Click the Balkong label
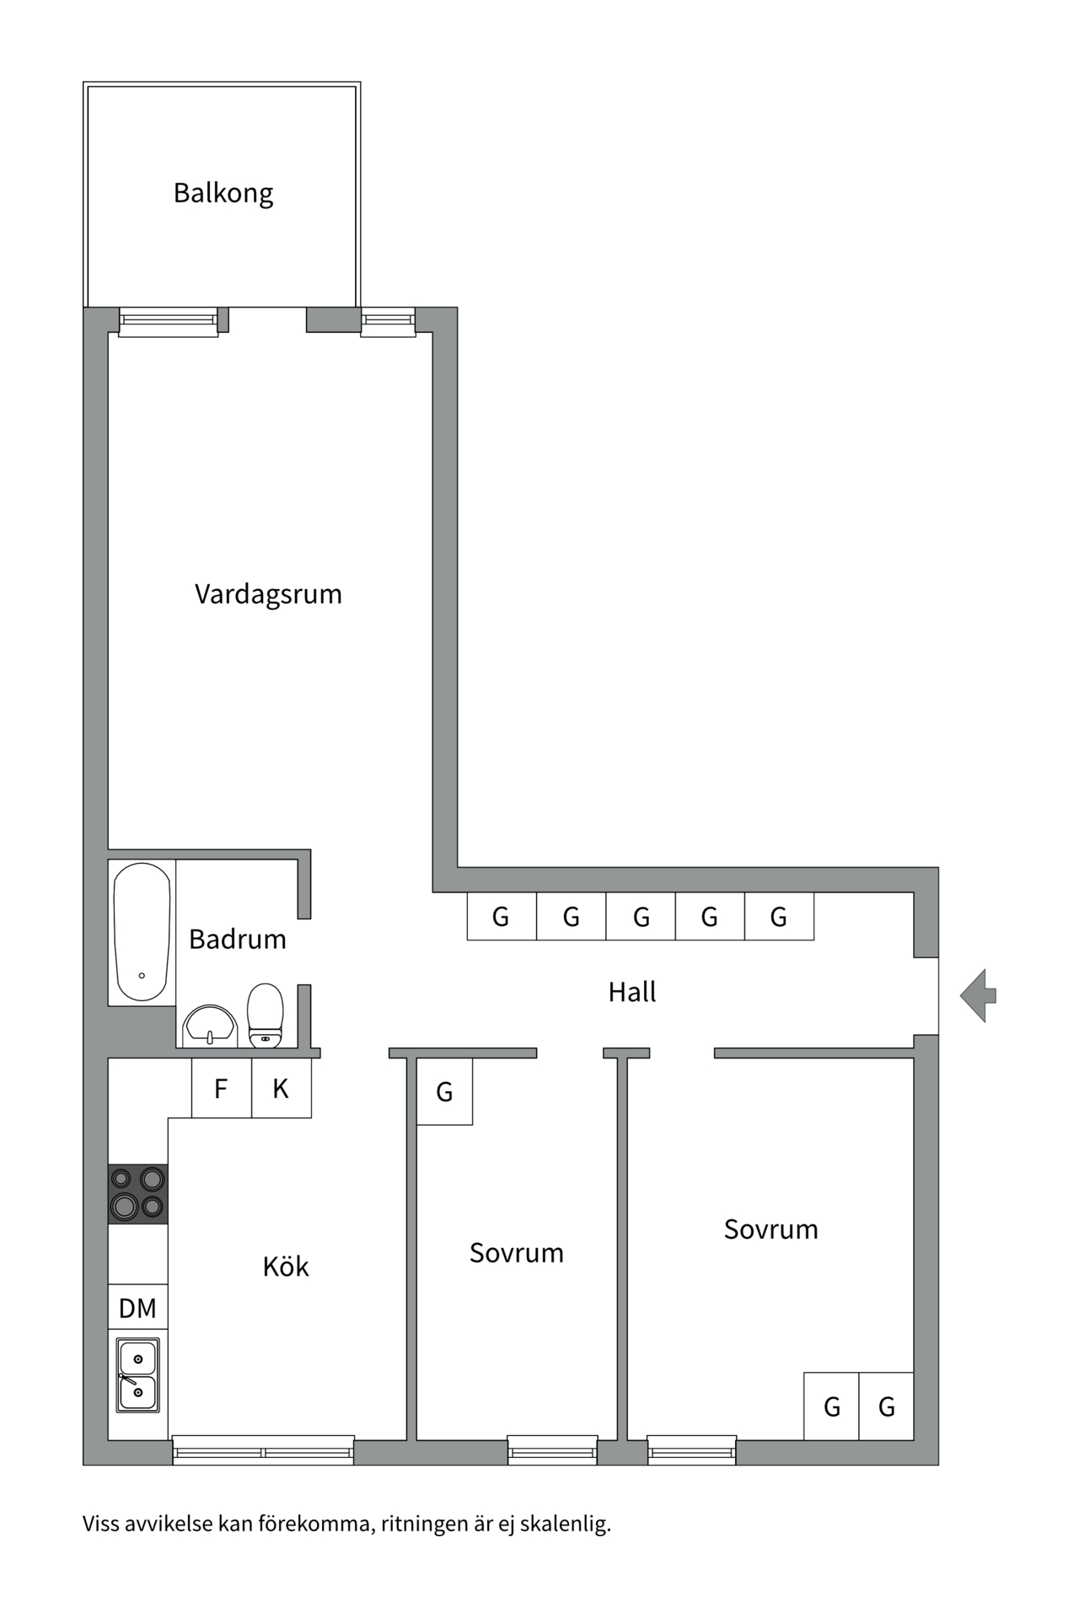pos(223,193)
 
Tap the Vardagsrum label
pos(268,594)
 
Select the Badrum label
pos(238,939)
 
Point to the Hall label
pos(632,992)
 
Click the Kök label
pos(286,1266)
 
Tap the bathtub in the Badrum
pos(142,932)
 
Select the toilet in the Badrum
pos(266,1015)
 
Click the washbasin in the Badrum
pos(209,1026)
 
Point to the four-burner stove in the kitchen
pos(137,1193)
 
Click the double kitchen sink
pos(137,1374)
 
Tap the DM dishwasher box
pos(137,1308)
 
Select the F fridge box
pos(221,1089)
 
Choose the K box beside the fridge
pos(281,1089)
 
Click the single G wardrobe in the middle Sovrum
pos(444,1092)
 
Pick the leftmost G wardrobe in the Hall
pos(501,916)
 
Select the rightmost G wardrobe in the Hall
pos(779,916)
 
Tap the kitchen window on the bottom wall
pos(263,1450)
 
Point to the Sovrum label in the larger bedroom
pos(770,1230)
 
